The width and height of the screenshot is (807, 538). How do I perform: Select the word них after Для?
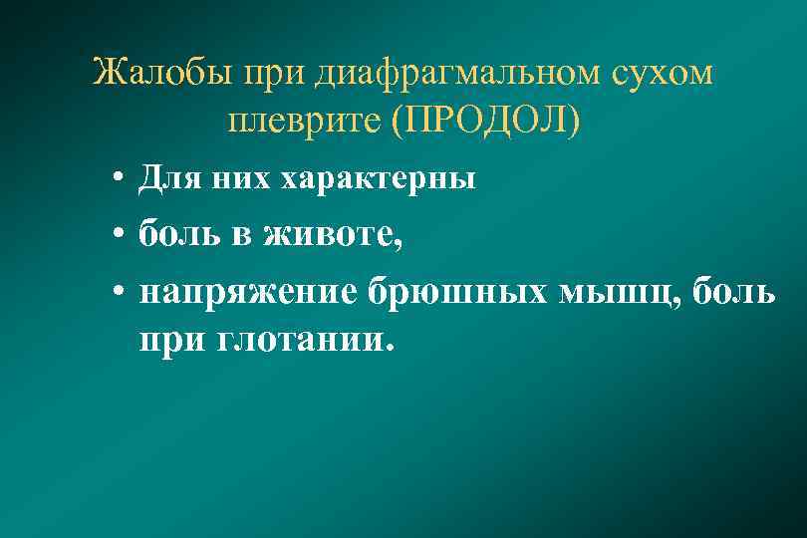click(x=238, y=179)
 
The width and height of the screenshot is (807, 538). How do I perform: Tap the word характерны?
click(x=378, y=180)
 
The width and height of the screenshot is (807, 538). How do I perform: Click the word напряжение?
click(x=249, y=294)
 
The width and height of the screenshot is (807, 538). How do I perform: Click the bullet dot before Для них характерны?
click(x=118, y=180)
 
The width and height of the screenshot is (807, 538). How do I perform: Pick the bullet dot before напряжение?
click(x=118, y=294)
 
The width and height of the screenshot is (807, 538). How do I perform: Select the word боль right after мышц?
click(x=731, y=294)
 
